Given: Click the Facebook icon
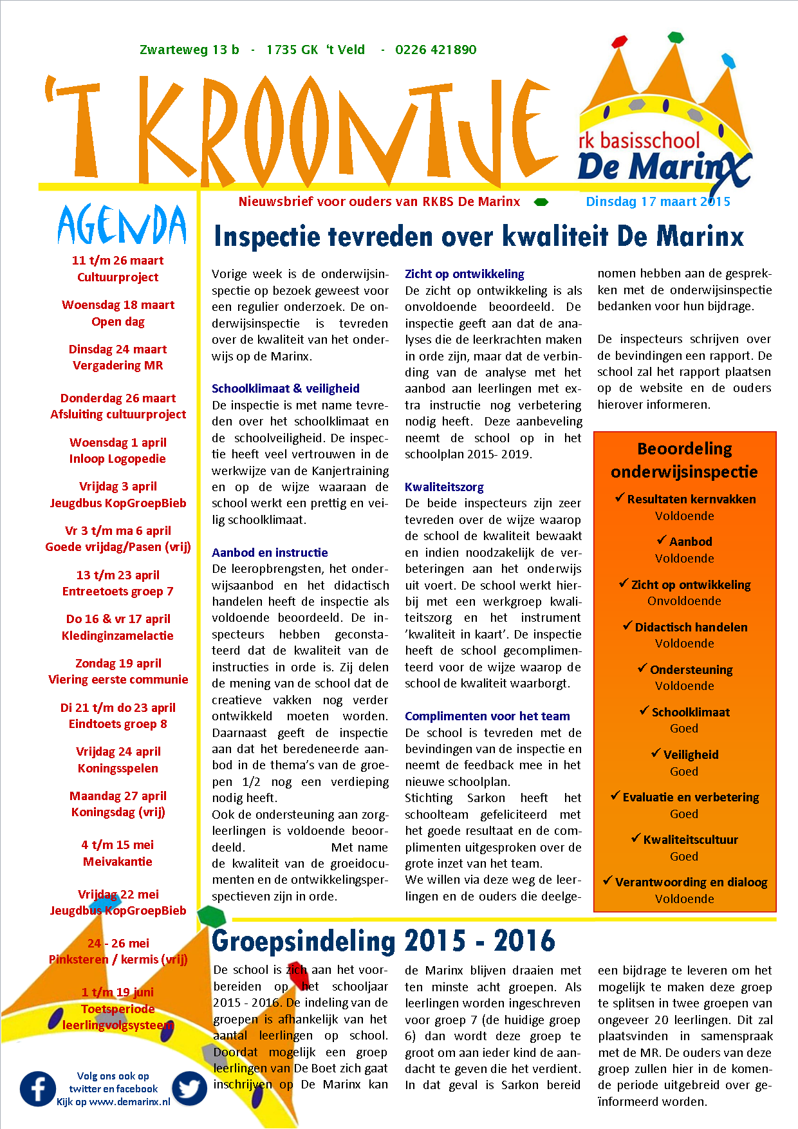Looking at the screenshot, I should coord(38,1088).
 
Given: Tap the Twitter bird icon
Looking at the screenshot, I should coord(190,1088).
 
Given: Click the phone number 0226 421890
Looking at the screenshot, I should coord(436,50).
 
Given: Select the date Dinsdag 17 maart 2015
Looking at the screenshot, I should coord(658,201).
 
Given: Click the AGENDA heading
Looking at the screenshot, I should coord(122,225).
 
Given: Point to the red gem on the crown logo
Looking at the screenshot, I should coord(619,42).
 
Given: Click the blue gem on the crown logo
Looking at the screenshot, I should coord(728,61).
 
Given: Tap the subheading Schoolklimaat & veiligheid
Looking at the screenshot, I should coord(285,388).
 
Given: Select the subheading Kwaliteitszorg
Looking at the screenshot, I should coord(444,487).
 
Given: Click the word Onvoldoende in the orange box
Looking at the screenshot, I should coord(684,601).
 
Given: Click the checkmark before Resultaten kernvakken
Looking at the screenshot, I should coord(620,498).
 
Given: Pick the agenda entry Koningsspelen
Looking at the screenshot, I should coord(118,768).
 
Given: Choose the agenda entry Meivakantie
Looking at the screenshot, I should coord(118,861).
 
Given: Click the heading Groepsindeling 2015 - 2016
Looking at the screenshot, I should coord(383,941).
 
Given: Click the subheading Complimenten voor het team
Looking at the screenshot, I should coord(487,716).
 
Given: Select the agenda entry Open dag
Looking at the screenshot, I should coord(118,321).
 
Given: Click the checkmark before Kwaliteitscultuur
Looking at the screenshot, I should coord(636,838).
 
